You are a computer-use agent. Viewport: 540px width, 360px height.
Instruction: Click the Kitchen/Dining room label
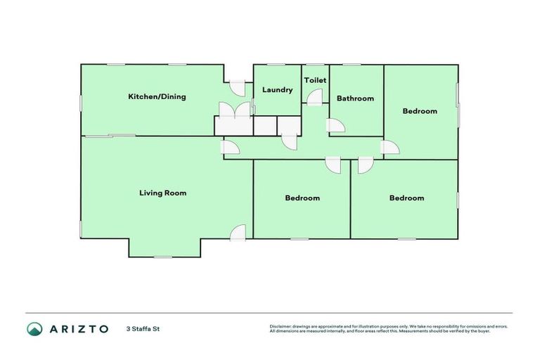[x=156, y=97]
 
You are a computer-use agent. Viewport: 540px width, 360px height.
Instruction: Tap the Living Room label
[x=162, y=193]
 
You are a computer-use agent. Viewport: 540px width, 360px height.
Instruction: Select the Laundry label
[x=277, y=90]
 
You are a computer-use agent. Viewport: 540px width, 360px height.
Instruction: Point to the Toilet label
[x=315, y=81]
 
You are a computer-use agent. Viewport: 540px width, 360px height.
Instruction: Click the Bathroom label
[x=355, y=98]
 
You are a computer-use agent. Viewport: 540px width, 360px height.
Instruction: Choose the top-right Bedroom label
[x=420, y=111]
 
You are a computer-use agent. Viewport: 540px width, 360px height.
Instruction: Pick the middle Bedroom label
[x=302, y=198]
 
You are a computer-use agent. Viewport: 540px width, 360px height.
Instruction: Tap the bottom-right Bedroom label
[x=406, y=198]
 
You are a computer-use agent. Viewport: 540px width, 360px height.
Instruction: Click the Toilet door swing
[x=314, y=98]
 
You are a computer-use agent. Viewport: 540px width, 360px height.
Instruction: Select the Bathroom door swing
[x=335, y=127]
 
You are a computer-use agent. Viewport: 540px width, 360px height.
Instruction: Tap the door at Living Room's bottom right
[x=238, y=233]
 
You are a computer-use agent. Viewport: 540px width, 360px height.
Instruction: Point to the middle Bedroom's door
[x=333, y=165]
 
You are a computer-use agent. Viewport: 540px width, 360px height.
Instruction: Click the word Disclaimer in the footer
[x=281, y=327]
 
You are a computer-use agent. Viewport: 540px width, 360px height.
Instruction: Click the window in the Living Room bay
[x=163, y=257]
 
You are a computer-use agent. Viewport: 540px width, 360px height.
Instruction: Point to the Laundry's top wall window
[x=276, y=65]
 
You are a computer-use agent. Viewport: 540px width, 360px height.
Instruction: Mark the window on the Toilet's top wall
[x=314, y=65]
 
